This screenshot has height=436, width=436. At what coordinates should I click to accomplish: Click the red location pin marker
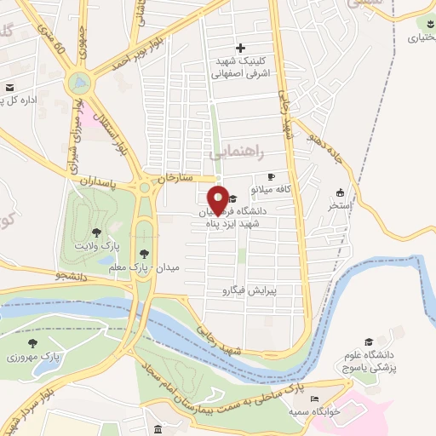click(218, 199)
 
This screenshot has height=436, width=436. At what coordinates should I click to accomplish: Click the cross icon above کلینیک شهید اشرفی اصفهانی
click(241, 48)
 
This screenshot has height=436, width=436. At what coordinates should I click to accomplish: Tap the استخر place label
click(340, 205)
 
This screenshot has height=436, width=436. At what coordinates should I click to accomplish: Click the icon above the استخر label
click(341, 192)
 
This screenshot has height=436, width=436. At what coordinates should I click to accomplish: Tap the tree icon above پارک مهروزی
click(33, 343)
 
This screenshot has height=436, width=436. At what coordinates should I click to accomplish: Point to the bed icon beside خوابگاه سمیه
click(315, 399)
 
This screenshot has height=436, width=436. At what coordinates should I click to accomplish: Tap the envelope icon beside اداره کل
click(9, 88)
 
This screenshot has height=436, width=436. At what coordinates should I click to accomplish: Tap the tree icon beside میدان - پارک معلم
click(144, 253)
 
